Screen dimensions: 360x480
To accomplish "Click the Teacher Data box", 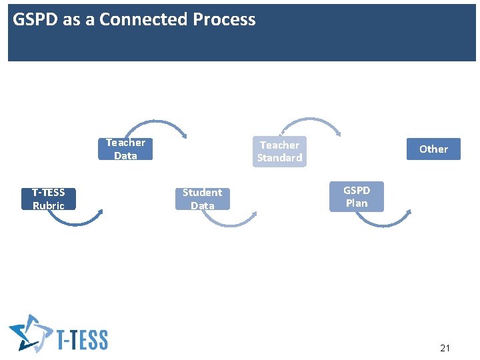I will tap(125, 149).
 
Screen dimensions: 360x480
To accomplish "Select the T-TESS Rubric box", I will tap(49, 199).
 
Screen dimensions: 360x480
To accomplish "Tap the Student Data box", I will tap(202, 199).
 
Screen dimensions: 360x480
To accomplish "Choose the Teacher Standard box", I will tap(279, 151).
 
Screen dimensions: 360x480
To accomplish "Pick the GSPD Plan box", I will tap(357, 197).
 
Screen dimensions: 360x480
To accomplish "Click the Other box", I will tap(433, 149).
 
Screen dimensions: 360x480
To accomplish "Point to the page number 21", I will tap(445, 348).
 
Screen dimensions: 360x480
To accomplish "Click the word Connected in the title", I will tap(143, 19).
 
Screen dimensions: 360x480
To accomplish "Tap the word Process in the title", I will tap(224, 19).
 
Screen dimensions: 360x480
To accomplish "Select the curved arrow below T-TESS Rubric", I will tap(76, 220).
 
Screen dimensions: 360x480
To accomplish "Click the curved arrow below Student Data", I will tap(229, 221).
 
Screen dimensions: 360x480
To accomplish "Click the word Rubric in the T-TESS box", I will tap(49, 205).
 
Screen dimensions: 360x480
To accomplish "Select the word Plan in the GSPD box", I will tap(357, 203).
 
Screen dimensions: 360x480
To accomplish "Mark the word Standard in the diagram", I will tap(279, 158).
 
